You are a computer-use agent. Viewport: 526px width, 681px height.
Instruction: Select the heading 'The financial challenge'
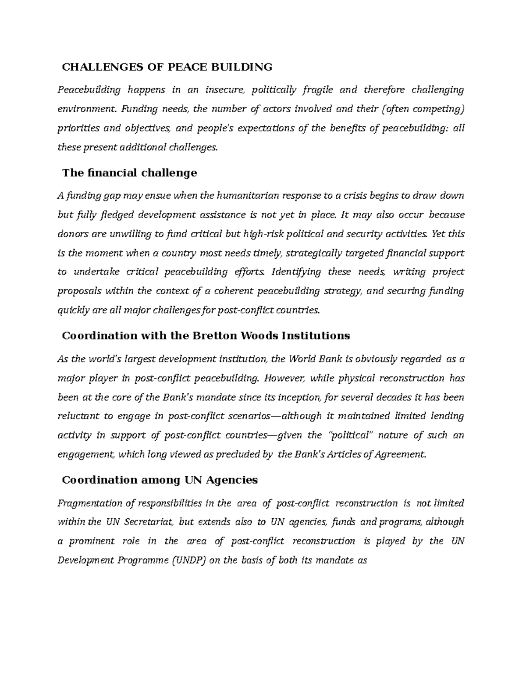(x=129, y=173)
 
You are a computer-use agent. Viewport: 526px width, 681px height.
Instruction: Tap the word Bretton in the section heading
(x=213, y=335)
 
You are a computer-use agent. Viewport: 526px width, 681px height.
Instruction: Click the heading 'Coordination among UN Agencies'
(x=160, y=480)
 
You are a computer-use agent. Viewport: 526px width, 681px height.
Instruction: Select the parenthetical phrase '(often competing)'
(x=423, y=109)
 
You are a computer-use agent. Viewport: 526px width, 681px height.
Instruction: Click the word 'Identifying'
(x=296, y=272)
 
